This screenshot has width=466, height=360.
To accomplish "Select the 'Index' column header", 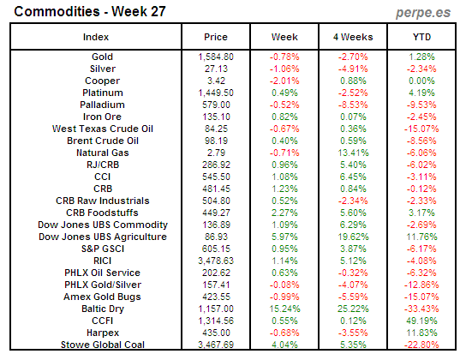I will point(96,37).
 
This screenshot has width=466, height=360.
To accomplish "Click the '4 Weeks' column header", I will point(352,37).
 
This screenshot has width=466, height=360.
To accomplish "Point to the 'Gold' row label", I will point(96,57).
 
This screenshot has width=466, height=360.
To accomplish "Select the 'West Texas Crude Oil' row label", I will point(96,129).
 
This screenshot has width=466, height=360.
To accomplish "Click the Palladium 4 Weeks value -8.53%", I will point(352,105).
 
